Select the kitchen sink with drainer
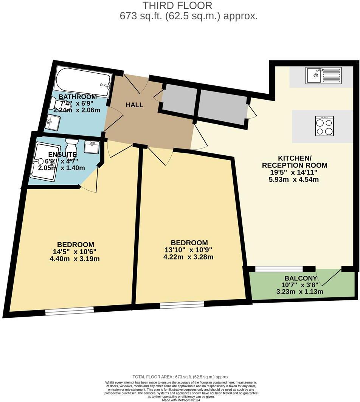(324, 75)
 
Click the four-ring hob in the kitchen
(324, 126)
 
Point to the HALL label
(135, 105)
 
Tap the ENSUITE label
(62, 155)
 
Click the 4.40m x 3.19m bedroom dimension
(74, 259)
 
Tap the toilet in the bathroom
(57, 102)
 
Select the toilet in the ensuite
(71, 145)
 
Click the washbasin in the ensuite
(91, 147)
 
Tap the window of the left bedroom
(70, 311)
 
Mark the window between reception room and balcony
(279, 269)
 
